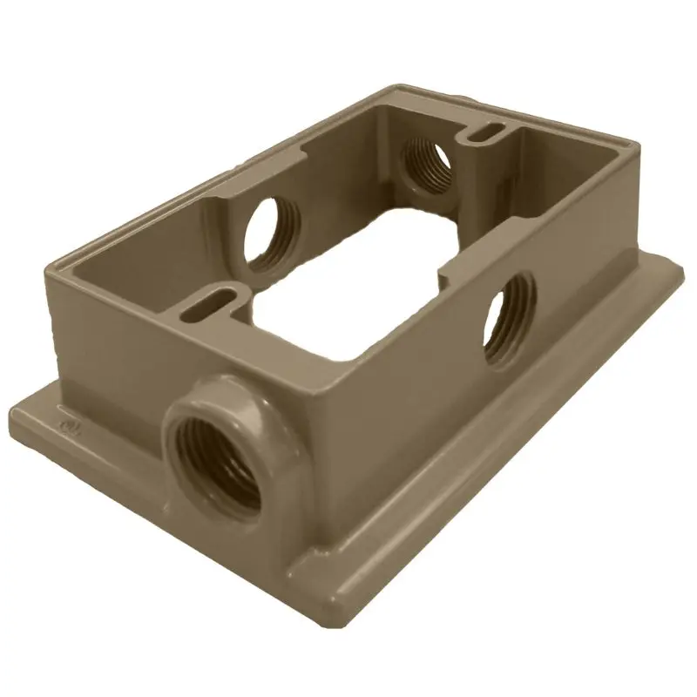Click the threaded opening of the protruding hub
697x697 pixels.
(216, 459)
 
